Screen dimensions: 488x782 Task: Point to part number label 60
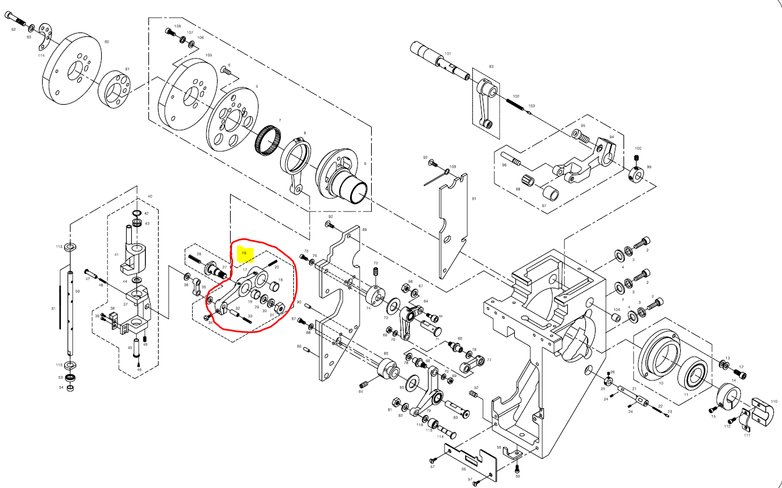[106, 42]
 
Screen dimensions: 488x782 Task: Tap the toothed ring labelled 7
[268, 140]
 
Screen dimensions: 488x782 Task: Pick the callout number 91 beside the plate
[473, 199]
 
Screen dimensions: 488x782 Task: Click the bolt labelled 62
[18, 22]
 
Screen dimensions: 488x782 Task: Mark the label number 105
[209, 55]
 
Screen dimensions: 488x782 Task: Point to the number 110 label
[773, 401]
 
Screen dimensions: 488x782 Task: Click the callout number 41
[117, 254]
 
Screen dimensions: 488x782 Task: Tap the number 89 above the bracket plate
[364, 229]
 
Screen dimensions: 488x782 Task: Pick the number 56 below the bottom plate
[463, 469]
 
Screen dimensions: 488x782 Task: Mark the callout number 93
[491, 67]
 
